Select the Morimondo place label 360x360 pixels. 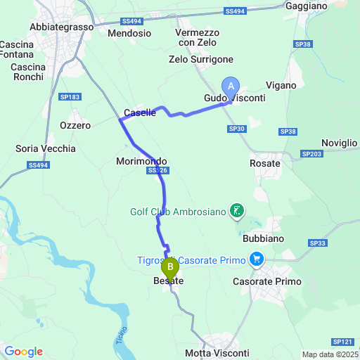[141, 161]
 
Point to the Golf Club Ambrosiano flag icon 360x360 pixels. [238, 210]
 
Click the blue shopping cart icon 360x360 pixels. [257, 260]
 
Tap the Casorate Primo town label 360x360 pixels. [267, 281]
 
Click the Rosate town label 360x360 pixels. [265, 163]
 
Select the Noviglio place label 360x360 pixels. [339, 143]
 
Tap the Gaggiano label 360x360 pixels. [307, 6]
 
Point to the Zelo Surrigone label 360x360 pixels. [201, 60]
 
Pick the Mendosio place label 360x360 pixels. [130, 33]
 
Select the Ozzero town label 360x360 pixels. [75, 125]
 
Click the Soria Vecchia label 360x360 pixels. [45, 148]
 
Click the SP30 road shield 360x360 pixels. [236, 129]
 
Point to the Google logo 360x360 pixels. [24, 352]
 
